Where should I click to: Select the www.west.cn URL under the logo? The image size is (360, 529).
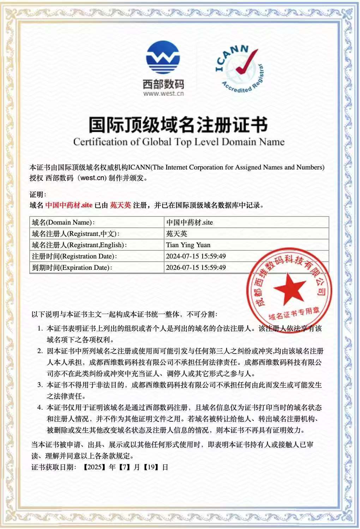click(x=163, y=94)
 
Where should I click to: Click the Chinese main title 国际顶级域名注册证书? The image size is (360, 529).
click(x=178, y=124)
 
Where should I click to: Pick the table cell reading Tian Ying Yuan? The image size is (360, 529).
click(x=188, y=245)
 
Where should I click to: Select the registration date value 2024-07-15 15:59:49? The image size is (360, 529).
click(x=196, y=256)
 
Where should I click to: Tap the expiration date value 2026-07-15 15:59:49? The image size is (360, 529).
click(x=196, y=268)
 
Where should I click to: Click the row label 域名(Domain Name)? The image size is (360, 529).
click(x=63, y=222)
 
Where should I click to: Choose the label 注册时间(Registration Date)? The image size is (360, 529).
click(x=74, y=256)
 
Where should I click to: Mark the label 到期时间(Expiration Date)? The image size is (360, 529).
click(x=72, y=268)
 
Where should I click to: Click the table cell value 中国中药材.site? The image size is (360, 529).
click(x=190, y=222)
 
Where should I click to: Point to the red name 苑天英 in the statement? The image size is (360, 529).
click(x=120, y=205)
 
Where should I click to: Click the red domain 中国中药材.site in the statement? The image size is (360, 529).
click(x=69, y=205)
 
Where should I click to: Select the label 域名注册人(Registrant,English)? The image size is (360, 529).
click(x=79, y=245)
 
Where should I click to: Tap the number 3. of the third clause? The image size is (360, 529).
click(x=40, y=385)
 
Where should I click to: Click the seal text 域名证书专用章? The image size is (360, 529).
click(x=294, y=313)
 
